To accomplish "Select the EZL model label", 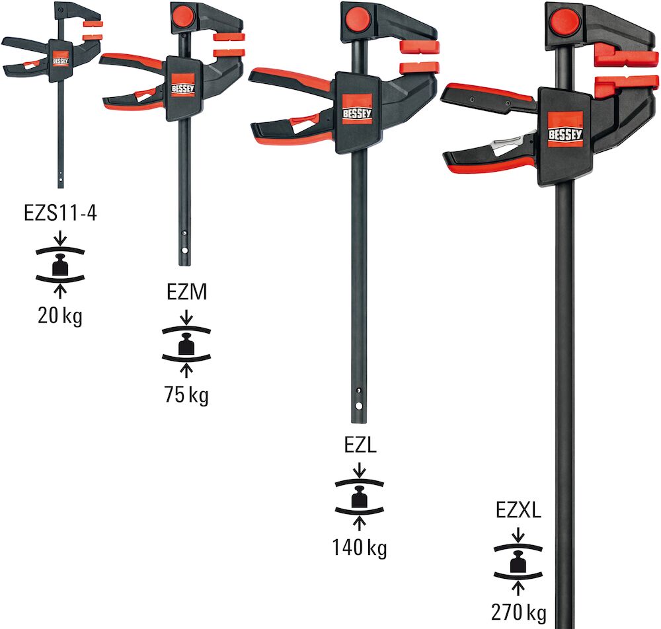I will [x=360, y=445].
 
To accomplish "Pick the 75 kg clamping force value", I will [x=186, y=395].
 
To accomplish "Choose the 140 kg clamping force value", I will [x=360, y=547].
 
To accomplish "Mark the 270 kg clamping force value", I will [x=519, y=612].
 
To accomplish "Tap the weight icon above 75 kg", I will [x=186, y=344].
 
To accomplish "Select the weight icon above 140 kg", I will [x=360, y=496].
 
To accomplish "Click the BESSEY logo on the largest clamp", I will [x=566, y=129].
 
